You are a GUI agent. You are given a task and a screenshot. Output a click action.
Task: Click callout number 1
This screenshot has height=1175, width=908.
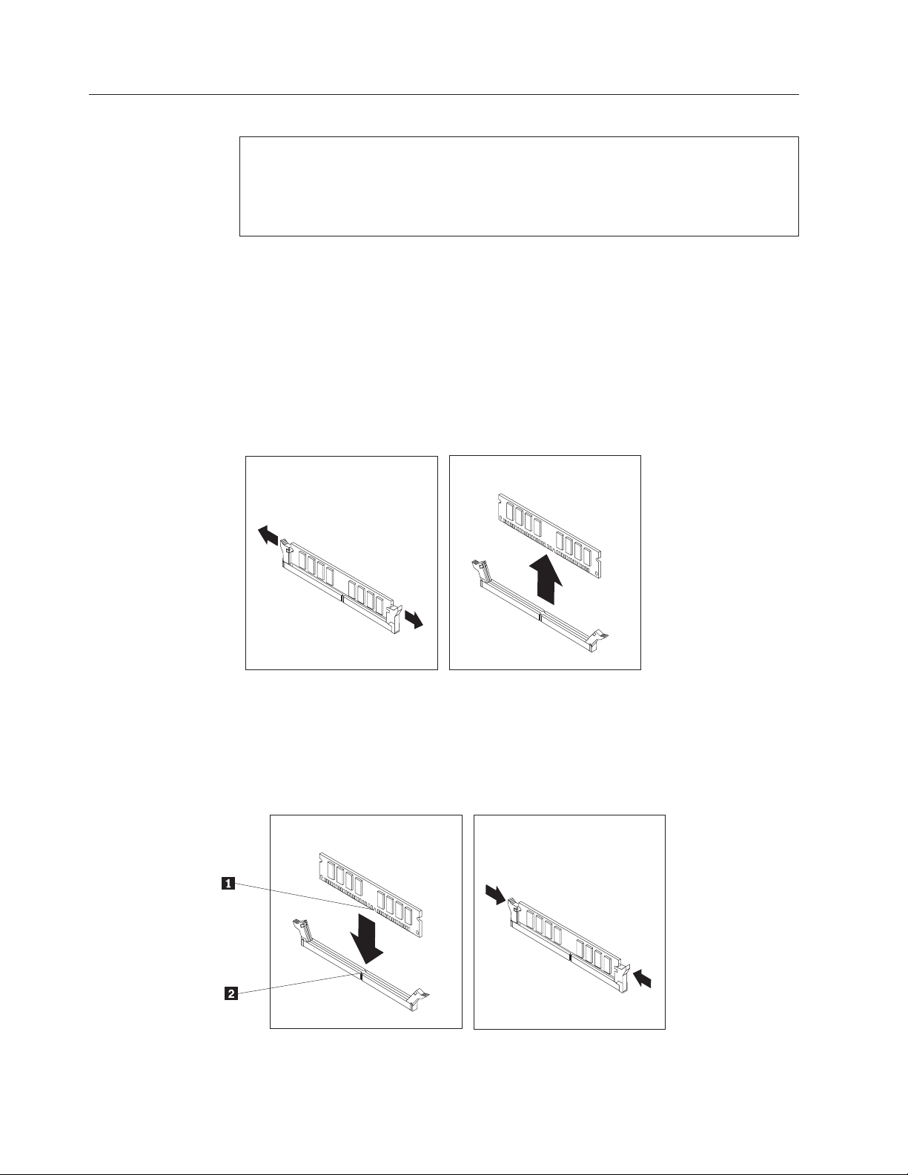(228, 884)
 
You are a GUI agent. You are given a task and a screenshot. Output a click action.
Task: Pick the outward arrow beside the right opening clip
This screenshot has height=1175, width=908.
(414, 618)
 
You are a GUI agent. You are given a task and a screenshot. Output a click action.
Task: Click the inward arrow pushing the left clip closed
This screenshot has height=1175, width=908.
(496, 894)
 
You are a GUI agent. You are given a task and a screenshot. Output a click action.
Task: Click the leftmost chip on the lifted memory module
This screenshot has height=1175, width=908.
(510, 512)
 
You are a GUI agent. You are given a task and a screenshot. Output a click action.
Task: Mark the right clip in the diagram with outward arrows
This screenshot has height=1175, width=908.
(394, 618)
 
